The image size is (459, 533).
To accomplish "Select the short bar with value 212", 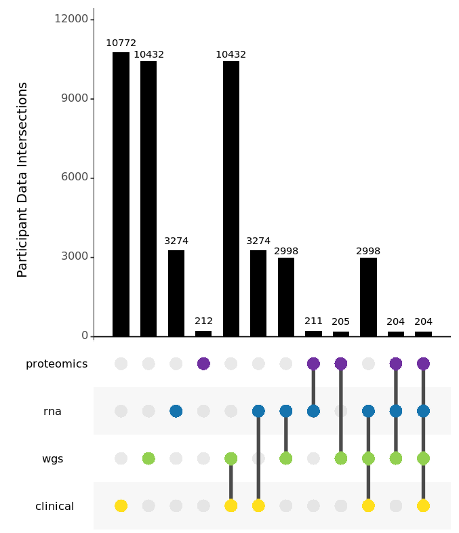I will pos(203,334).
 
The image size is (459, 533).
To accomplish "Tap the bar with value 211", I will pos(313,334).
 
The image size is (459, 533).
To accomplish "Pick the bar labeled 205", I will pos(341,334).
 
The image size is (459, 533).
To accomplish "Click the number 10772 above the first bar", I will pos(121,43).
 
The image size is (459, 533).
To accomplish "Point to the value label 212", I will pos(203,321).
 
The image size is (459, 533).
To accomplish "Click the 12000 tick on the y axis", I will pos(71,19).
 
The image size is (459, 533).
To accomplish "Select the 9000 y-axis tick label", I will pos(74,98).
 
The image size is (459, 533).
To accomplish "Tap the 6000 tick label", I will pos(74,178).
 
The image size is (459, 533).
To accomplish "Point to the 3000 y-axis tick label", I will pos(74,257).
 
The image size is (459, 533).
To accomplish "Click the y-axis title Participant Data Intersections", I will pos(22,180).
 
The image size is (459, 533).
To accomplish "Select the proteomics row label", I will pos(56,364).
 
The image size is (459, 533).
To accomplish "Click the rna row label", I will pos(52,412).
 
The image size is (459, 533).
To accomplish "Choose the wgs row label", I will pos(52,459).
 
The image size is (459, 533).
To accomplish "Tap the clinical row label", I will pos(54,507).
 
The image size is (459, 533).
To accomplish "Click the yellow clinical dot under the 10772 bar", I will pos(121,506).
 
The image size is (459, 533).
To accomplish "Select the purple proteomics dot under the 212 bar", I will pos(203,363).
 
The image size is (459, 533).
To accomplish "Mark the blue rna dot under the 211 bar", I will pos(313,411).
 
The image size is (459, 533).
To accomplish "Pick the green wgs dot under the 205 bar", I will pos(341,458).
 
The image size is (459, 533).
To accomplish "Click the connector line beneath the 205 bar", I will pos(341,411).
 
